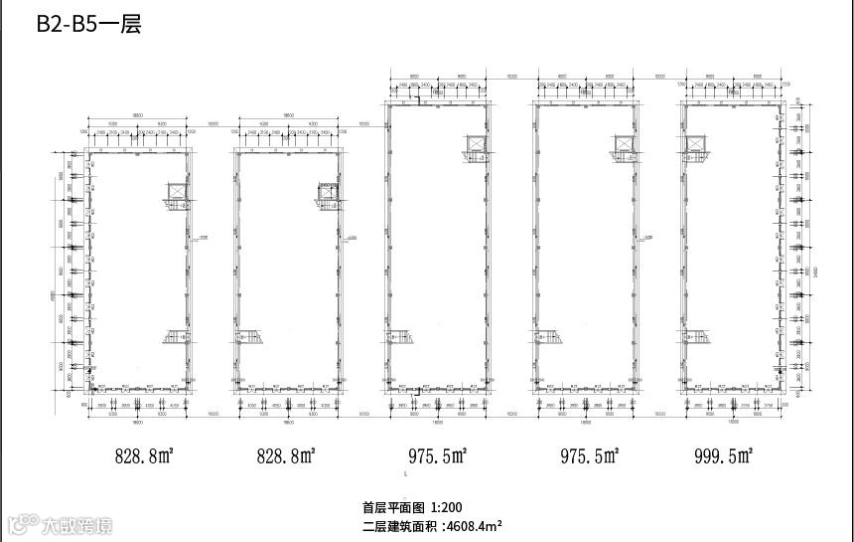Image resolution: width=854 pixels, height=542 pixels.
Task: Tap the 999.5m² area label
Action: (725, 456)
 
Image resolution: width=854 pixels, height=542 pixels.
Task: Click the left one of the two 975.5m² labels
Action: (437, 457)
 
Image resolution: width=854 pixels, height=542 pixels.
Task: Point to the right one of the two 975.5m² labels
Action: (589, 457)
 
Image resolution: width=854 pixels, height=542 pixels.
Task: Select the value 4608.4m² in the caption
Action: (474, 525)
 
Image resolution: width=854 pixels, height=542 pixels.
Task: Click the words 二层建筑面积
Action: (399, 525)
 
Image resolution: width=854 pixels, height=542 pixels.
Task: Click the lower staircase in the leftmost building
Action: (175, 338)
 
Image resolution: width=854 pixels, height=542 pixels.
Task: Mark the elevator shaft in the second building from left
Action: (328, 191)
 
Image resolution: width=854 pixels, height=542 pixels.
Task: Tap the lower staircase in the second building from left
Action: (249, 338)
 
